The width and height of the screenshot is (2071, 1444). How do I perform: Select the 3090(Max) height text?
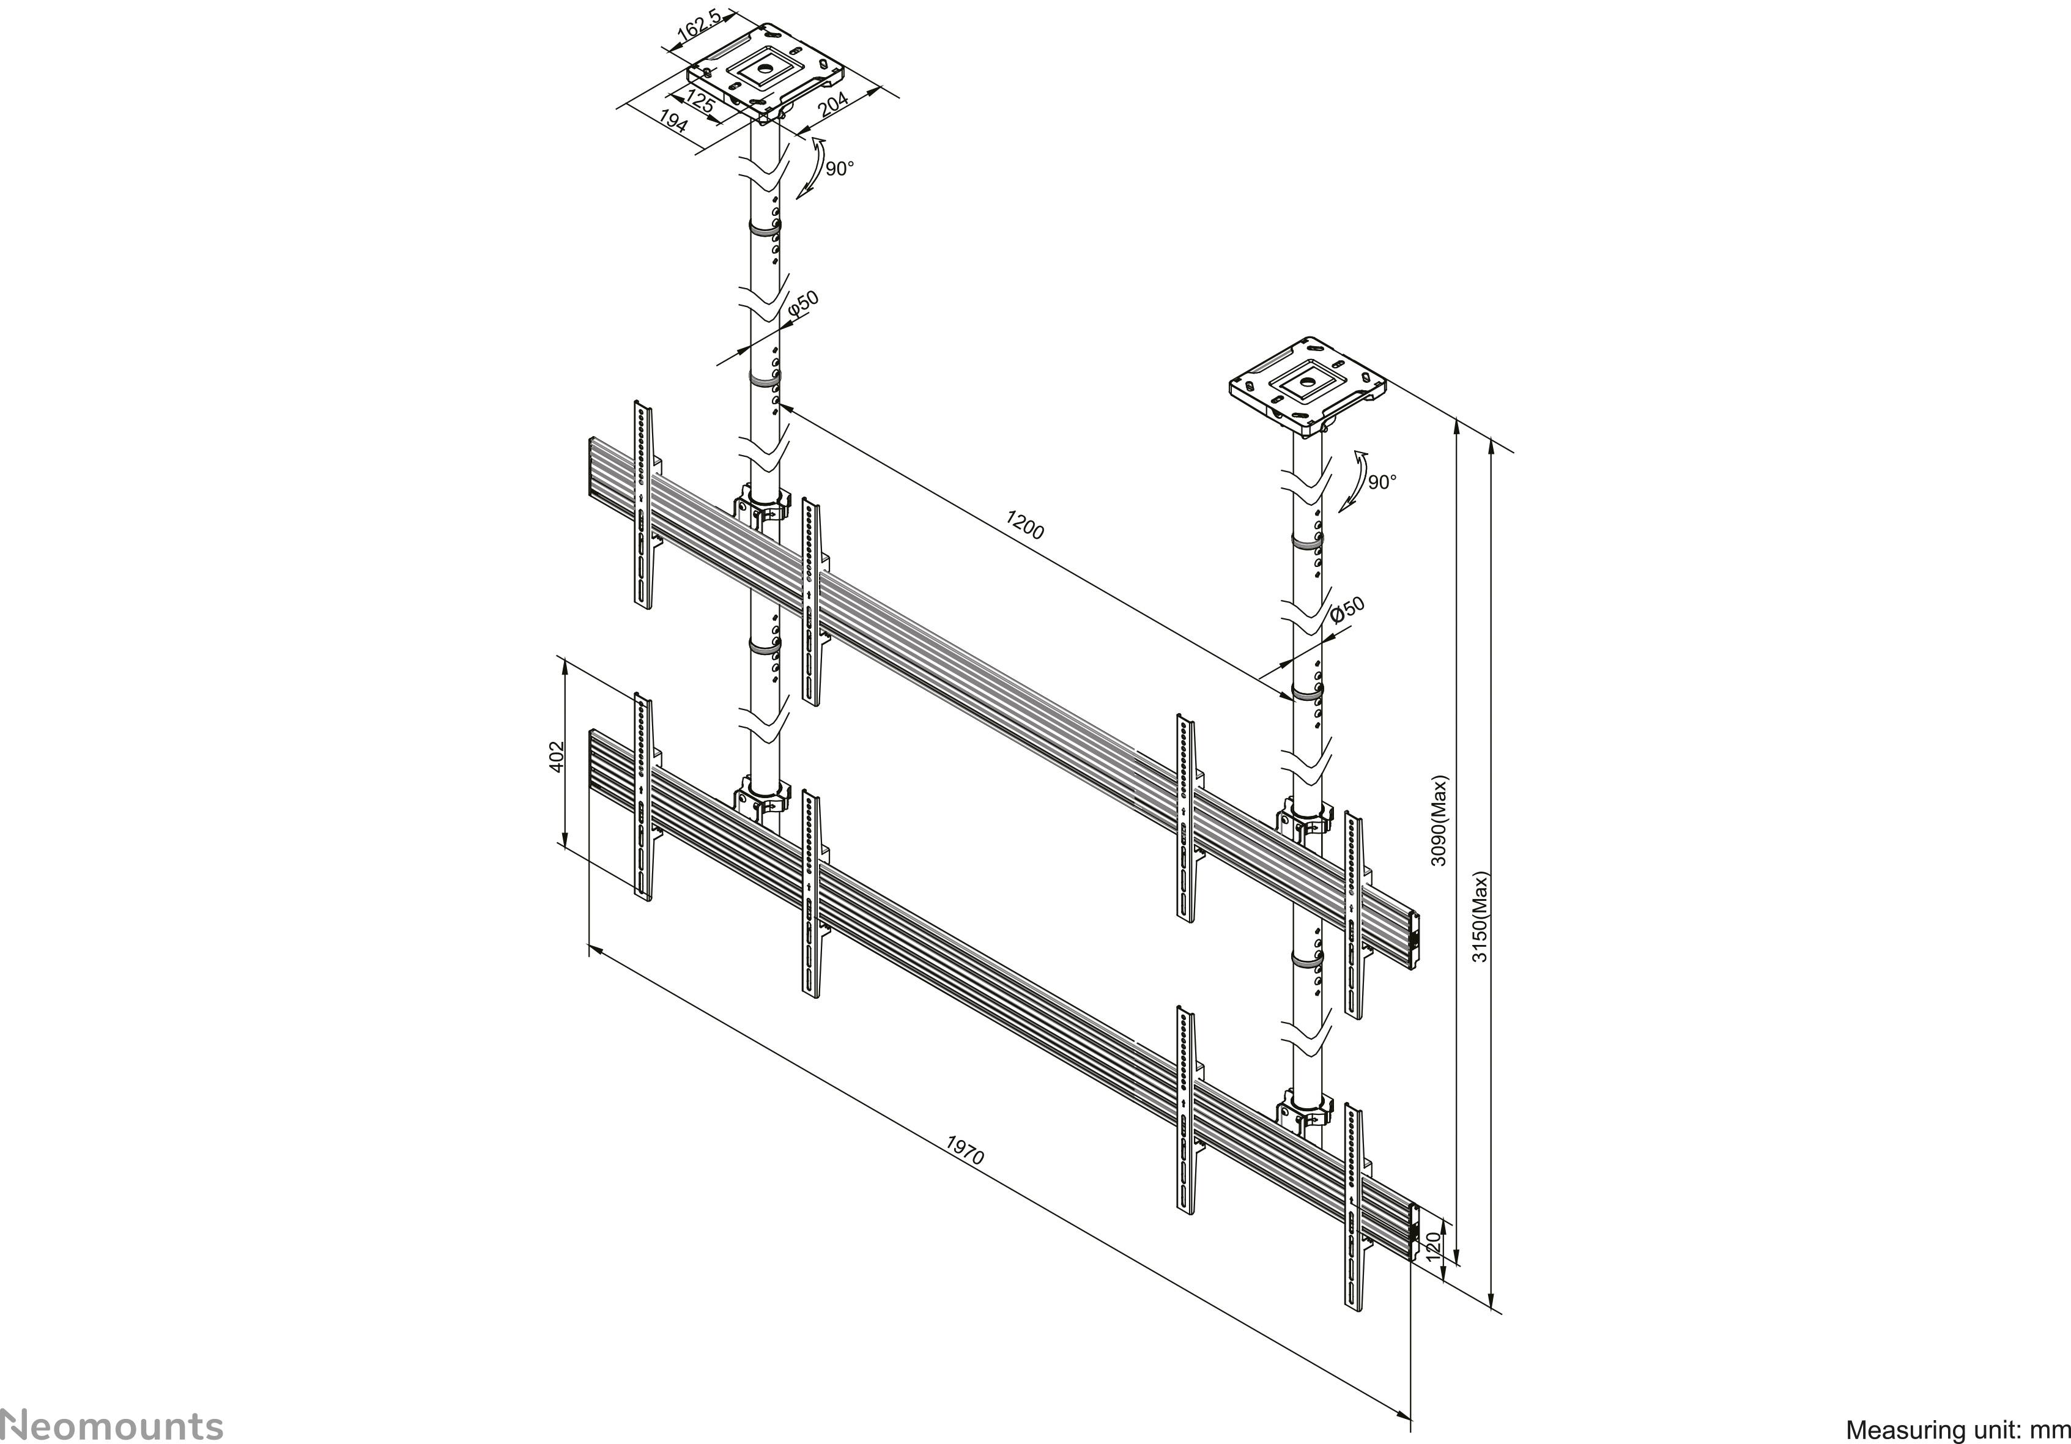tap(1440, 820)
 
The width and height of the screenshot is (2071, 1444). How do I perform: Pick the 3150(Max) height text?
tap(1480, 916)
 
